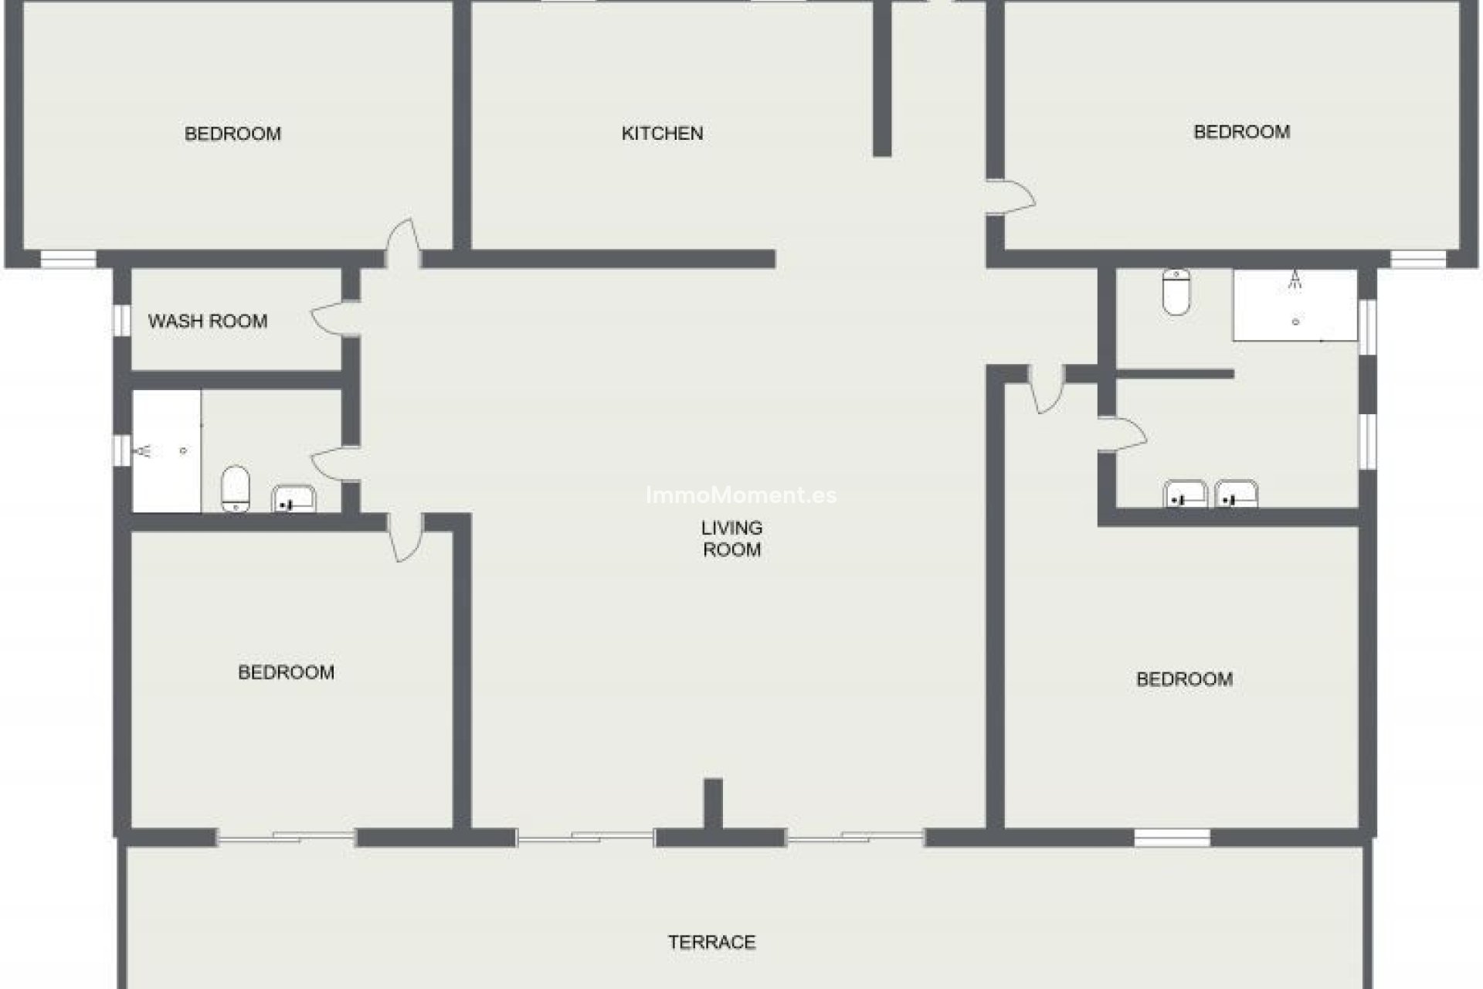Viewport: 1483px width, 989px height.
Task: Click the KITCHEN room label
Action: coord(662,134)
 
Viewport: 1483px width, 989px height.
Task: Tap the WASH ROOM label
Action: coord(207,321)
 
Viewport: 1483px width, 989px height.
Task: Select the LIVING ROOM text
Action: coord(731,539)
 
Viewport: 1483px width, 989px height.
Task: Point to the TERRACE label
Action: coord(711,942)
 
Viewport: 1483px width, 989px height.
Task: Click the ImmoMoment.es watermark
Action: coord(741,495)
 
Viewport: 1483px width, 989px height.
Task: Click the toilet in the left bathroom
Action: coord(236,488)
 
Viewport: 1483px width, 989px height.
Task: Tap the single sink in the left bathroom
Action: coord(294,499)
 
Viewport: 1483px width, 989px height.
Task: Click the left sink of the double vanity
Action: coord(1185,494)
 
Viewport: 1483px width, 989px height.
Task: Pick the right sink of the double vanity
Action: coord(1236,494)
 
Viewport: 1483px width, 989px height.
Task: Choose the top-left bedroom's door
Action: coord(403,241)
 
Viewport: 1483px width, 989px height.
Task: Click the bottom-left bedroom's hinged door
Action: coord(405,538)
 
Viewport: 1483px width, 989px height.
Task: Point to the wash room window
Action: coord(122,321)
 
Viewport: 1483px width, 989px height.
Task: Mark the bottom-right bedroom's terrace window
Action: coord(1172,838)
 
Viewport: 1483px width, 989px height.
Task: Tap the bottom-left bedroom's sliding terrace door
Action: coord(286,837)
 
